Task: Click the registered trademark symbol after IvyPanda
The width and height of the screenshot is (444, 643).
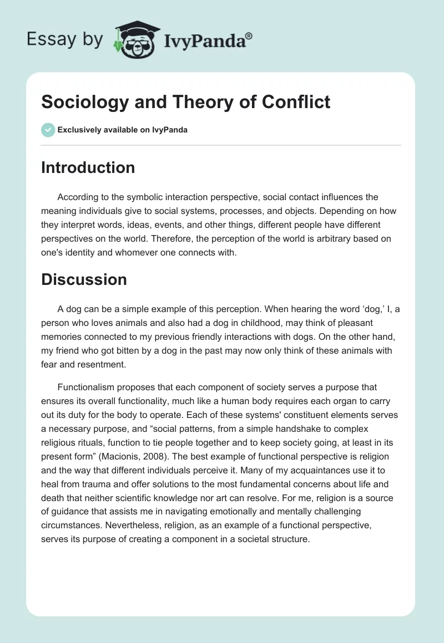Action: coord(249,36)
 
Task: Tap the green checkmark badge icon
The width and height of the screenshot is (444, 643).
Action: coord(48,130)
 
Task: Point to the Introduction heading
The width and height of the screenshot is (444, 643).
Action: coord(88,167)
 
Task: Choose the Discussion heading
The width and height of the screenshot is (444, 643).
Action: coord(84,279)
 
